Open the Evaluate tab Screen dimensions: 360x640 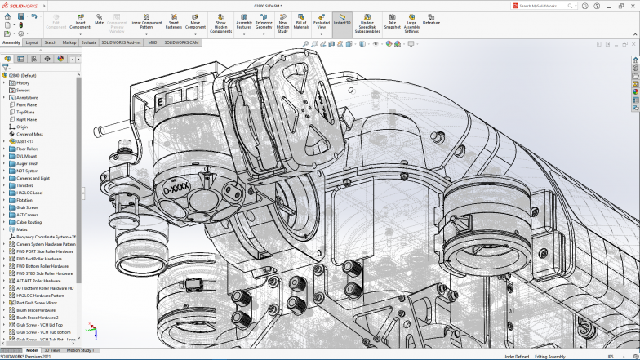point(89,42)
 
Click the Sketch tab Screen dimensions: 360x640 point(51,42)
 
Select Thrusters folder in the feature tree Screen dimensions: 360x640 point(26,185)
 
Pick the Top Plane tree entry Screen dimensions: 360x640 point(26,112)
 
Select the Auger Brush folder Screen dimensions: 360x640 point(28,163)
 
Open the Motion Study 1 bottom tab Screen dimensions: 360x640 point(80,349)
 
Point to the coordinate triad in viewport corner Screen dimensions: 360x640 point(92,331)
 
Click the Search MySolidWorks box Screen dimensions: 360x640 point(554,5)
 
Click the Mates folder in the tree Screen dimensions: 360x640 point(23,229)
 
